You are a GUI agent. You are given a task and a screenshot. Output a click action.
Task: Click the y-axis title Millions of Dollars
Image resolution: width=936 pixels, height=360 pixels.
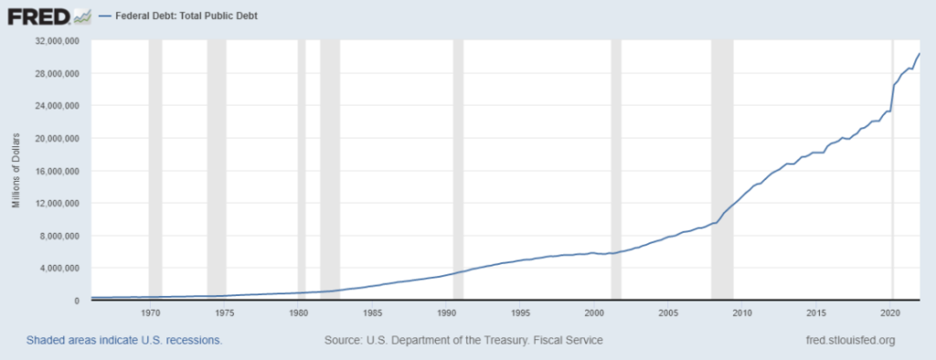[x=16, y=170]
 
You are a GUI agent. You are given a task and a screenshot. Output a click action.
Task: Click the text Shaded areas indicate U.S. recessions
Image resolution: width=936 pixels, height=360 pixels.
[x=124, y=341]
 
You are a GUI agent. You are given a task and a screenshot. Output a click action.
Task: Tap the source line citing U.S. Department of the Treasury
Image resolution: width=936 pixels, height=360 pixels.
[x=463, y=341]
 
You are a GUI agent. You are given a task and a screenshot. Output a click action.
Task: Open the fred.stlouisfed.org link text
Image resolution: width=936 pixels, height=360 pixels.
[x=846, y=341]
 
